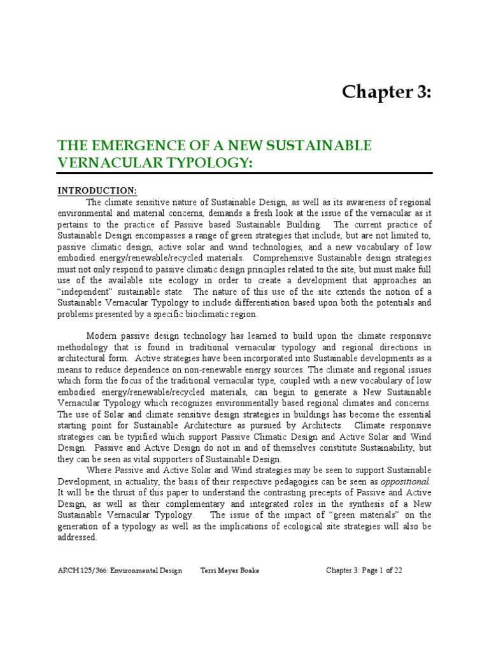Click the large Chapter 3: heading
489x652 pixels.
point(386,92)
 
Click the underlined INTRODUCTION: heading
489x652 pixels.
point(97,190)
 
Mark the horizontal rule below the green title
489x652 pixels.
point(245,173)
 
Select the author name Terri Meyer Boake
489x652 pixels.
point(230,570)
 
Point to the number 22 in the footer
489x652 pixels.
point(397,570)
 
